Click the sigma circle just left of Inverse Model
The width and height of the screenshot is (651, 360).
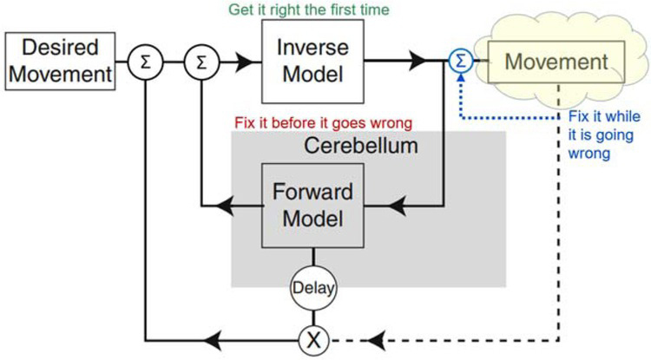point(201,61)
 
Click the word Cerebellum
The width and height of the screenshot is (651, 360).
point(361,145)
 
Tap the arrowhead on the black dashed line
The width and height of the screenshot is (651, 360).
point(374,338)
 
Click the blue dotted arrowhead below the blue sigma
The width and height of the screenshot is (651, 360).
point(459,81)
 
